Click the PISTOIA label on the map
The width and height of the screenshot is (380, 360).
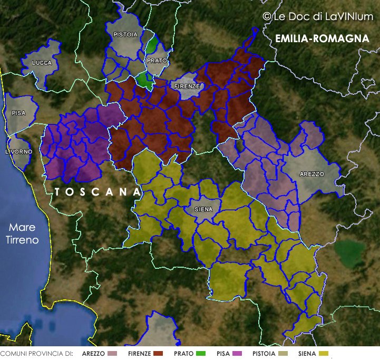[x=125, y=35]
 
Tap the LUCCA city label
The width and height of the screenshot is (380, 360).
[x=42, y=63]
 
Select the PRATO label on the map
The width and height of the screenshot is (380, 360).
[x=157, y=61]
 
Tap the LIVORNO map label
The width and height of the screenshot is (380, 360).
[x=18, y=152]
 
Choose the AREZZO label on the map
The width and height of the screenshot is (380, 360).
[x=312, y=174]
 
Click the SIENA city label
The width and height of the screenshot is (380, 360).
[x=203, y=209]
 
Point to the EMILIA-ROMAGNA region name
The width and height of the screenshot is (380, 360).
[x=322, y=39]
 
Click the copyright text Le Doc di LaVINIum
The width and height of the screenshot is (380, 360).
[x=318, y=17]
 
